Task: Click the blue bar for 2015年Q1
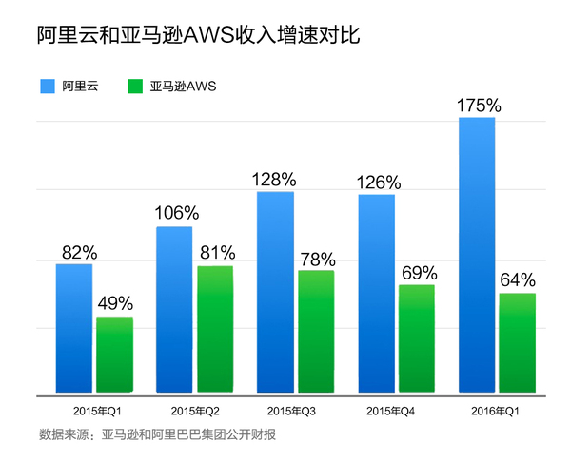pos(74,328)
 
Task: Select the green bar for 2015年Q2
pos(215,329)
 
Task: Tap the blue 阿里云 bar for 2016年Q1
pos(477,255)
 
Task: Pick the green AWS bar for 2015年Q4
pos(416,338)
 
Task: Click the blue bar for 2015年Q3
pos(275,292)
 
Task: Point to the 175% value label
pos(478,104)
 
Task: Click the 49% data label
pos(115,304)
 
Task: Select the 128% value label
pos(275,179)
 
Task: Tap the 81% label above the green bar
pos(215,253)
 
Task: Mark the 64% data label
pos(518,280)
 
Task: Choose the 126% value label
pos(377,182)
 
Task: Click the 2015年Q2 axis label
pos(195,412)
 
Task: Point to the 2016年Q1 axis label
pos(496,412)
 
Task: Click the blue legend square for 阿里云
pos(46,87)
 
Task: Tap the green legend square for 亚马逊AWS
pos(133,87)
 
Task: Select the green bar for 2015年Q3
pos(316,331)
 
